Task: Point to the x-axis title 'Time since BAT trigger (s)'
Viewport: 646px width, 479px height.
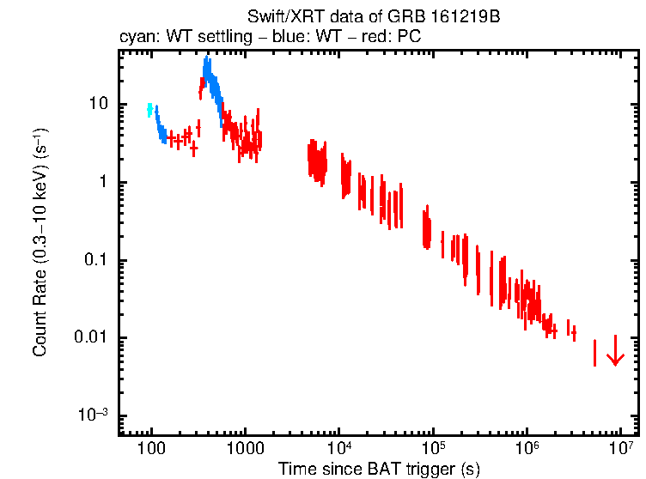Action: point(379,469)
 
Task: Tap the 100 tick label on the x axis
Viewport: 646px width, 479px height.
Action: point(151,447)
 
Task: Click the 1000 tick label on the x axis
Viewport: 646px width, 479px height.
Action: point(245,447)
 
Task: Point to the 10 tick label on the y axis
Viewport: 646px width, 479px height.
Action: point(96,104)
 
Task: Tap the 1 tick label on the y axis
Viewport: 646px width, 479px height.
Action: point(102,182)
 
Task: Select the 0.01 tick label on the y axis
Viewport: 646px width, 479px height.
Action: point(90,338)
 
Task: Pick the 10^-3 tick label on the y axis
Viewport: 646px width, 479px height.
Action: point(92,415)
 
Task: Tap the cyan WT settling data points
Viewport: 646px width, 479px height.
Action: point(149,109)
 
